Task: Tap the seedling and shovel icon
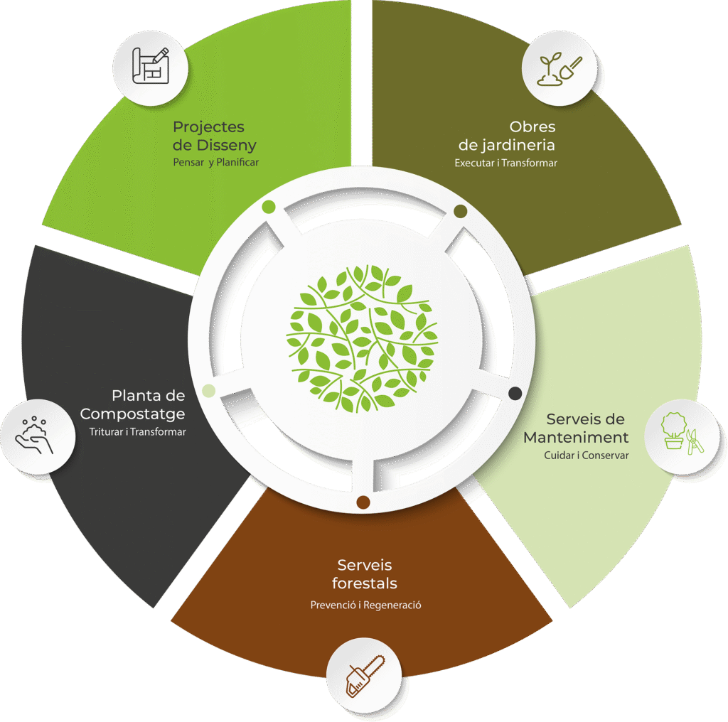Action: (x=559, y=69)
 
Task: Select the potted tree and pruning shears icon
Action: (x=682, y=433)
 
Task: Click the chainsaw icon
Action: (x=365, y=676)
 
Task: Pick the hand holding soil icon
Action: (x=35, y=435)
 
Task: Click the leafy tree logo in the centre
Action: (x=362, y=339)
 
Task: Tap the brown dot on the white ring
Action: (x=363, y=502)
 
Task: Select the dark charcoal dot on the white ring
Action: (x=515, y=394)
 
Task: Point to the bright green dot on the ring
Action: (x=268, y=207)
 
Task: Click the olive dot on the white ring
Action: (x=460, y=212)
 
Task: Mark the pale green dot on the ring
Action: (x=209, y=391)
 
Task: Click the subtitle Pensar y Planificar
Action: (x=216, y=163)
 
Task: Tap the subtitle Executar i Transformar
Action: (x=505, y=163)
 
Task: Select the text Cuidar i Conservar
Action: (x=587, y=456)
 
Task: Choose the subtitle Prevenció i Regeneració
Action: (x=366, y=605)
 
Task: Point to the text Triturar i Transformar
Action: (x=137, y=431)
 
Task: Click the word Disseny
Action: (x=227, y=146)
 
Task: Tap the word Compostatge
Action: (x=132, y=414)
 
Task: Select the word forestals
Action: (x=365, y=583)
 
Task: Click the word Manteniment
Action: (x=576, y=437)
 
